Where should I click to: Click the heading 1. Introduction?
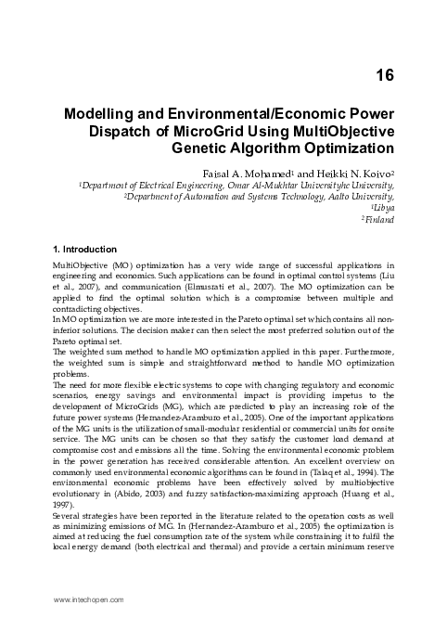(84, 250)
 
